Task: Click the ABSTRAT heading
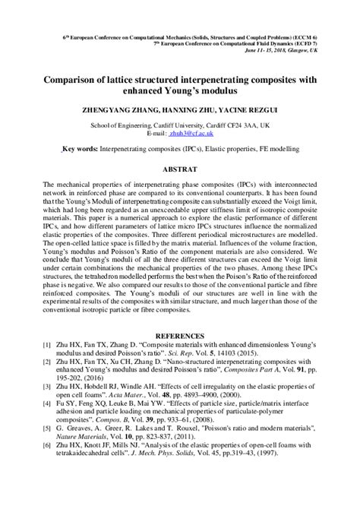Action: [x=181, y=169]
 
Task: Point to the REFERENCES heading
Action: [x=181, y=335]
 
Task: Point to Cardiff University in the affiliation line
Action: [x=175, y=123]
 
